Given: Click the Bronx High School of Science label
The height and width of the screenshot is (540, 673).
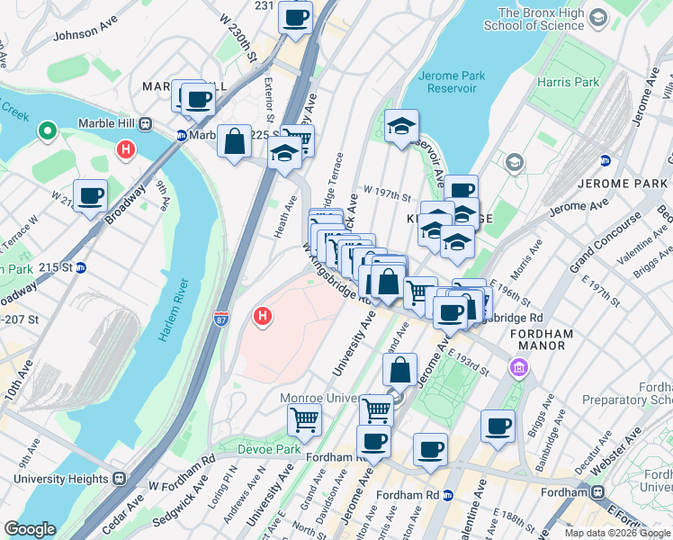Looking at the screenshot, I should pos(540,19).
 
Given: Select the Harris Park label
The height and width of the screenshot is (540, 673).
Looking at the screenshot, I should pos(567,83).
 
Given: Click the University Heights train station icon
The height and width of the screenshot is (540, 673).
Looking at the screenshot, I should pos(119,480).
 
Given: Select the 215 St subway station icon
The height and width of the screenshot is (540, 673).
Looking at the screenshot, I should pos(80,267).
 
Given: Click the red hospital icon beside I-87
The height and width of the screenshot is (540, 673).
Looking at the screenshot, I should pos(263,317).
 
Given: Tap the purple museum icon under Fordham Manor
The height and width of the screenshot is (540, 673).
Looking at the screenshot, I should pos(518,367).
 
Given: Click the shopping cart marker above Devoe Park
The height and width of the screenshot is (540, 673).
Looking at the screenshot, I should pos(304,418).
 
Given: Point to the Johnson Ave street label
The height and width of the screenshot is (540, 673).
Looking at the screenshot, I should pos(86,35).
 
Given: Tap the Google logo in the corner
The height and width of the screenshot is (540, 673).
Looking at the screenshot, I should pos(30,529).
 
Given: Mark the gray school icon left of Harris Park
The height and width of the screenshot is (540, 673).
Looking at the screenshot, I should pos(515,163).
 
